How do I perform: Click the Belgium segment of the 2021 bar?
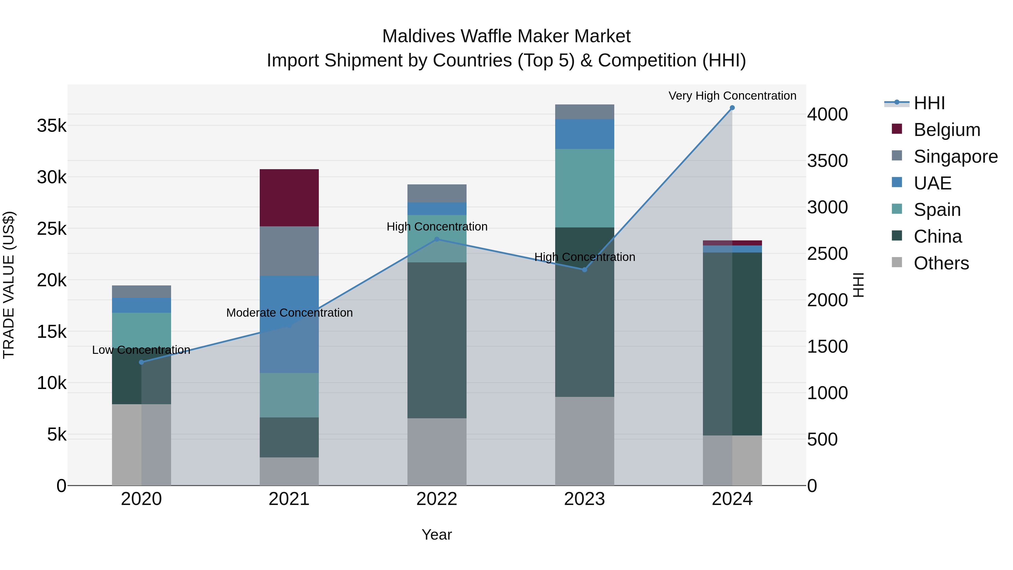coord(289,198)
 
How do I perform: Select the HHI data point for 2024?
coord(732,108)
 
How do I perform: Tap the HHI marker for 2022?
coord(436,239)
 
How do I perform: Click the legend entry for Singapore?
coord(955,157)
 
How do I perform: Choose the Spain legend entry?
coord(937,210)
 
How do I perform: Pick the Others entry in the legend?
coord(941,263)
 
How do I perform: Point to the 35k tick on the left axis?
coord(52,126)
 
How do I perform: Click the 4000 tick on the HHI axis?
coord(827,115)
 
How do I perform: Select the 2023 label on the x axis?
coord(584,499)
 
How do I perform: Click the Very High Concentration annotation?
coord(732,96)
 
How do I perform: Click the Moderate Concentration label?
coord(290,313)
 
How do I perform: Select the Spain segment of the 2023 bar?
coord(584,188)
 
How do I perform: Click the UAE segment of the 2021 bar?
coord(289,303)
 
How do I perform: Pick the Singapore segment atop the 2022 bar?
coord(436,193)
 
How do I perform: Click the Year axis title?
coord(436,535)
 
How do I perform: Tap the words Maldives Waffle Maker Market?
coord(506,36)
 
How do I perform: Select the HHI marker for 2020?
coord(141,362)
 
